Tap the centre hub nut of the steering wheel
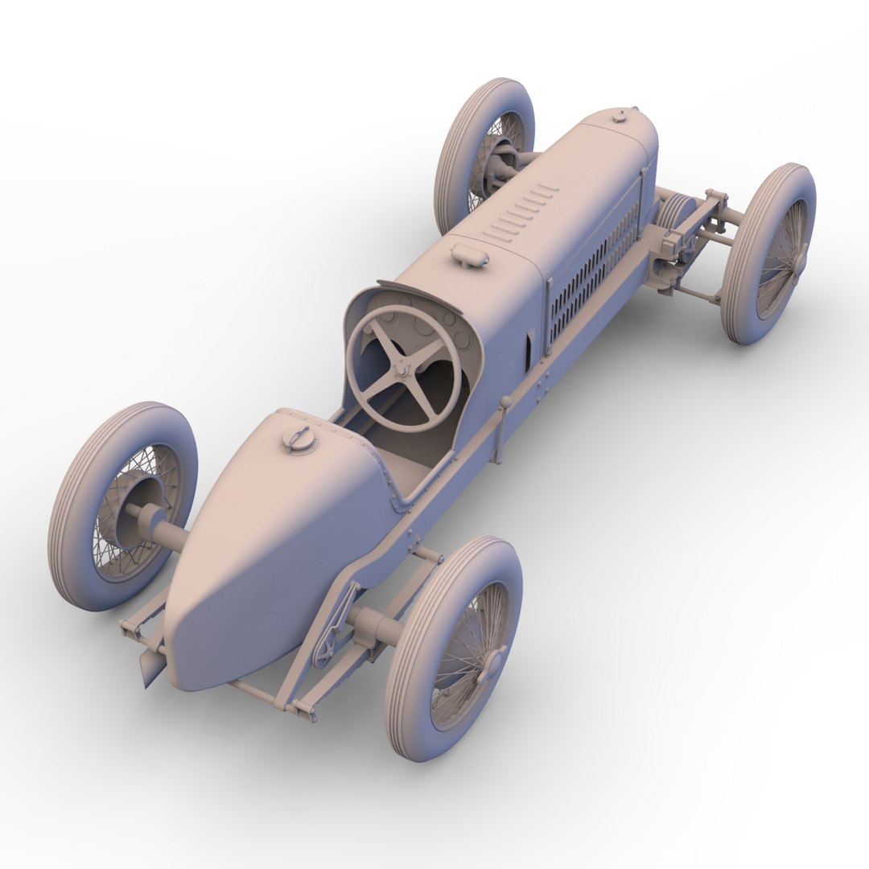[402, 369]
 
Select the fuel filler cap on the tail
[300, 439]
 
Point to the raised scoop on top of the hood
[470, 255]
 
